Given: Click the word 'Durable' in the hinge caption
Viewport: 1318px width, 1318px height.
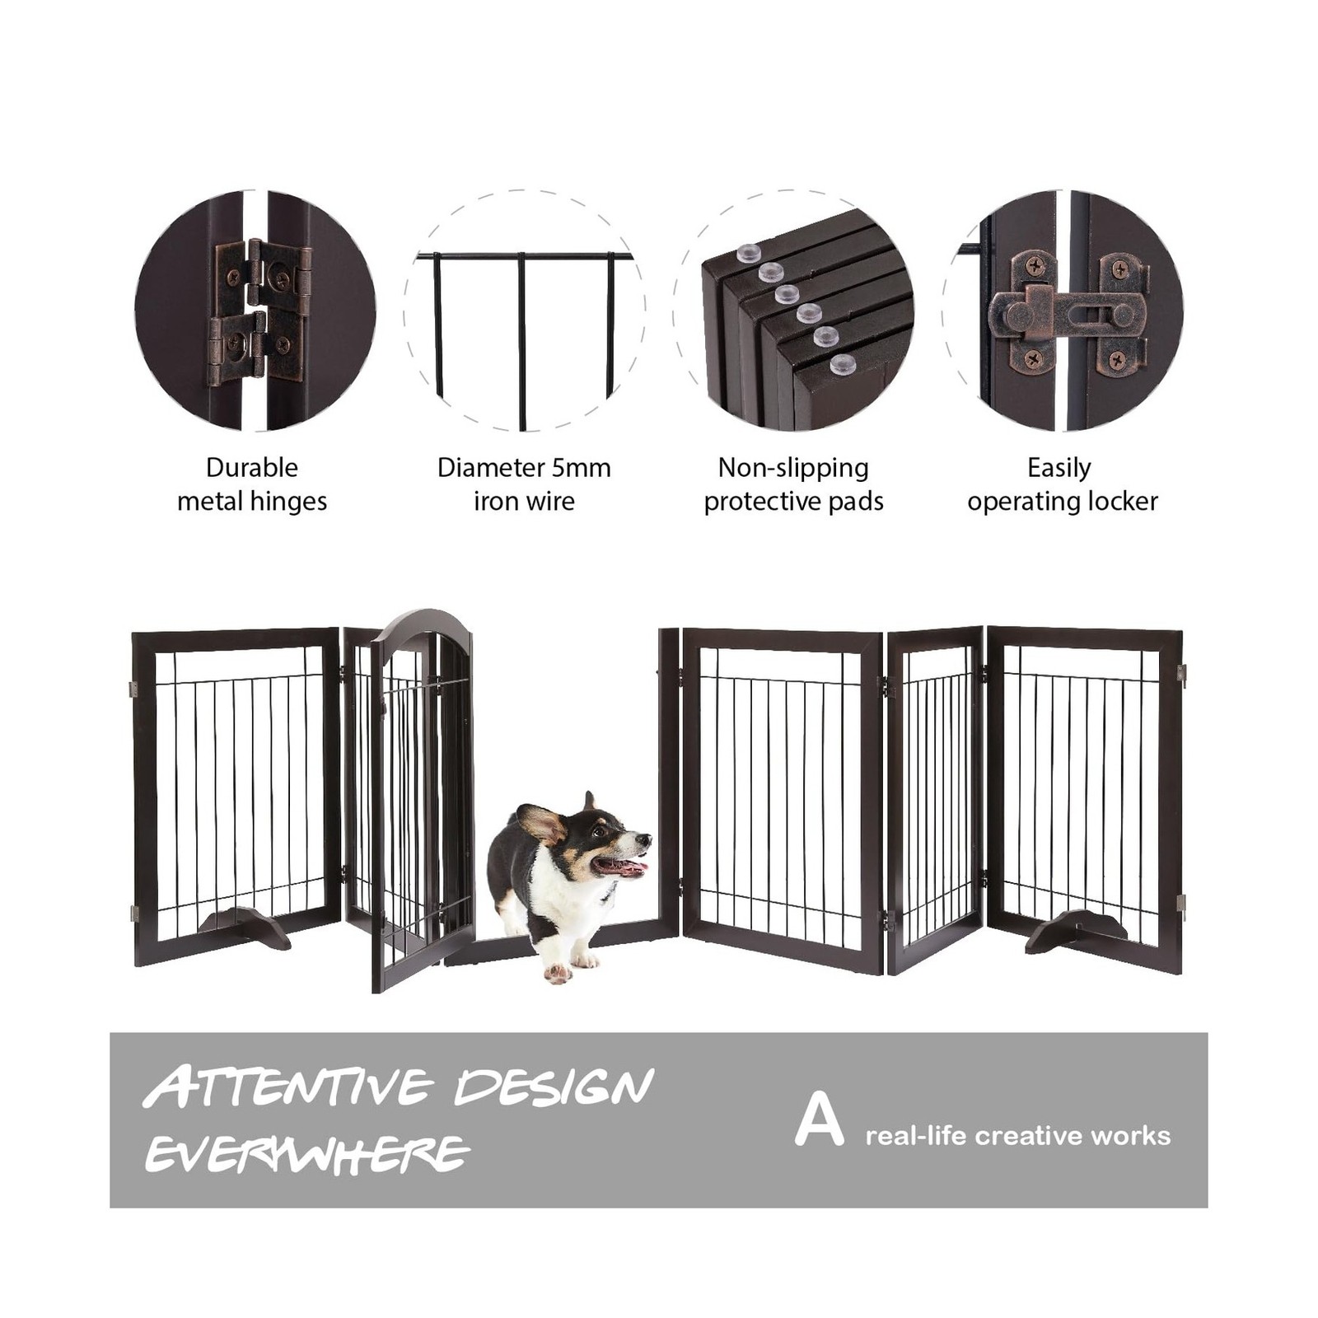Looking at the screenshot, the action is coord(252,467).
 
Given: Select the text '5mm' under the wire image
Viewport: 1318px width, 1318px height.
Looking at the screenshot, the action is coord(581,467).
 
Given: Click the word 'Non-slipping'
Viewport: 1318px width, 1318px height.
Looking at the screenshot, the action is coord(793,468).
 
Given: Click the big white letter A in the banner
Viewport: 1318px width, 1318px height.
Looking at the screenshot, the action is coord(819,1120).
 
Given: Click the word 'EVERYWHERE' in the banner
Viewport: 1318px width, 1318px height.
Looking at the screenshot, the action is coord(306,1153).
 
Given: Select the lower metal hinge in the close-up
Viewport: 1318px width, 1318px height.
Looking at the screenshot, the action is coord(255,348).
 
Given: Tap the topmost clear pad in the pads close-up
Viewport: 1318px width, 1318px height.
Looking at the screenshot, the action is coord(749,253).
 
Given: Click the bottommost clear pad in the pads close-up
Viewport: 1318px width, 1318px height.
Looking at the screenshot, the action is coord(843,364).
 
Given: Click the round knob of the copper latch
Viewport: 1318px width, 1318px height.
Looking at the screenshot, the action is coord(1020,314).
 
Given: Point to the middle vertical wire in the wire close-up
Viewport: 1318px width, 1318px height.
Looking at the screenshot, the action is coord(521,341).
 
